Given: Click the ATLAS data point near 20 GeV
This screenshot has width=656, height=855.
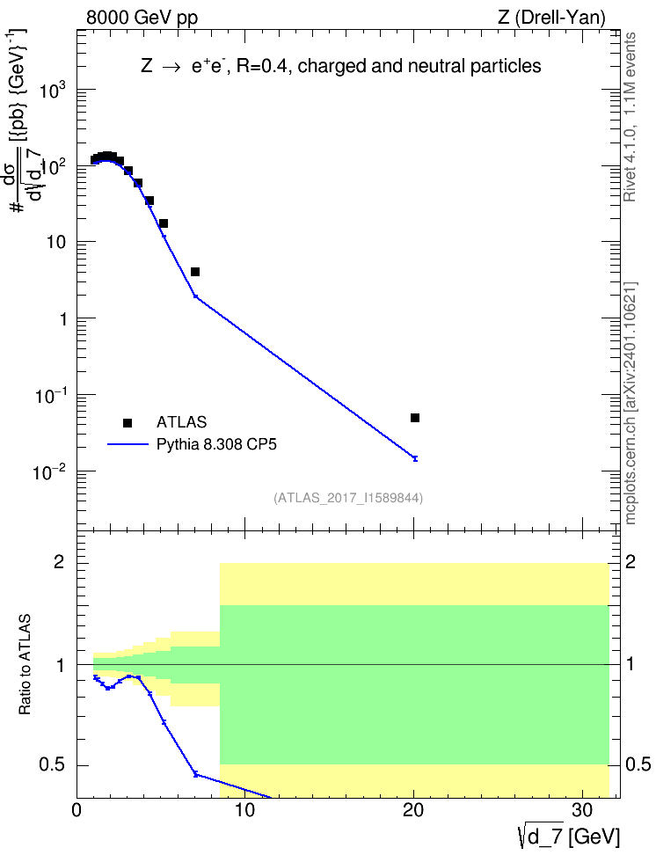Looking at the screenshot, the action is point(415,418).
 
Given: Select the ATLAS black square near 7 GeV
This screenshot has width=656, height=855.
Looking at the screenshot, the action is point(195,272).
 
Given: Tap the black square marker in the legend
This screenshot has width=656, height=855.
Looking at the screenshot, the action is point(128,422).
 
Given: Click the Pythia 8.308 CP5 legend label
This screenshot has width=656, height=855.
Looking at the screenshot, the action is point(216,444).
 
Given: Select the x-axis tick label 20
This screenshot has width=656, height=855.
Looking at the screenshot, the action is point(413,810).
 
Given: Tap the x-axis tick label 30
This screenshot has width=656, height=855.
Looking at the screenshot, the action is point(582,810).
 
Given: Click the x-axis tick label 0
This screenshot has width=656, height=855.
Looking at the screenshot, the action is point(77,810).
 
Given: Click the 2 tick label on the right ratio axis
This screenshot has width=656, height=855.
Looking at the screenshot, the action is point(630,561).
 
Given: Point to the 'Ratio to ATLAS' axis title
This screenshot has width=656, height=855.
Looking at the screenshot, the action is point(25,664).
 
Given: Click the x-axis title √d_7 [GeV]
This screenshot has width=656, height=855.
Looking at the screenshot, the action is point(569,837).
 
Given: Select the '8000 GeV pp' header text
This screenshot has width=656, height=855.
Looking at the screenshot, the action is point(142,18).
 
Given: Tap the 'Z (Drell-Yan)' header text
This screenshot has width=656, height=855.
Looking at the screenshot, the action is point(552,18).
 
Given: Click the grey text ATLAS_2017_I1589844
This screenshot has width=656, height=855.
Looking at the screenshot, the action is point(348,498).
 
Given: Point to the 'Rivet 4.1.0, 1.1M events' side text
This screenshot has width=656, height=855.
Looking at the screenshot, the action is point(630,117).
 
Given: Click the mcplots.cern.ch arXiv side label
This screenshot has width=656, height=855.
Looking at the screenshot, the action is point(630,403).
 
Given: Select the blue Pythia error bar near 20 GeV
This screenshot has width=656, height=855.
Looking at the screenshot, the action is point(415,458).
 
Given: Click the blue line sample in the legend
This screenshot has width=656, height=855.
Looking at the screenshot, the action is point(128,444).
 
